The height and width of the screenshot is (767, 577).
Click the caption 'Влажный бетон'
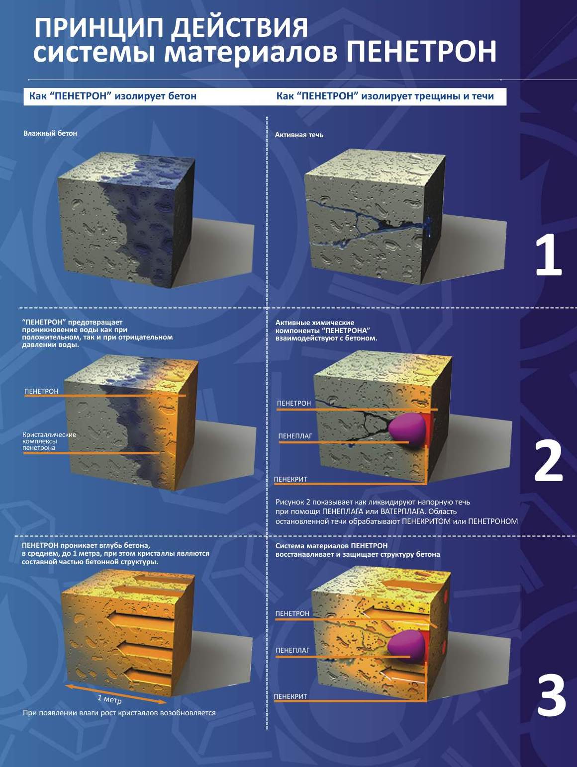coord(50,133)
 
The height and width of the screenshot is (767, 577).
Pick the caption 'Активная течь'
coord(299,135)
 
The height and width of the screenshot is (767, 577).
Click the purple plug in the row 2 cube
coord(407,429)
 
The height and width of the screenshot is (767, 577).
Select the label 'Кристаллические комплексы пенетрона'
coord(49,441)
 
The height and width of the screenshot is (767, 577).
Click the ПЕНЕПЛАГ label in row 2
coord(295,436)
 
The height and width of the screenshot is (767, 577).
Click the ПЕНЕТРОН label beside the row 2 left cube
coord(41,391)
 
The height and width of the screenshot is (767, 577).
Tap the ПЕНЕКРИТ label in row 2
coord(290,479)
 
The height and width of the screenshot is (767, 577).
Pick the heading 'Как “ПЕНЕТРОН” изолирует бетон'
coord(112,96)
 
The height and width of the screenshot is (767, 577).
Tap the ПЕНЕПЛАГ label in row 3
coord(292,650)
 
